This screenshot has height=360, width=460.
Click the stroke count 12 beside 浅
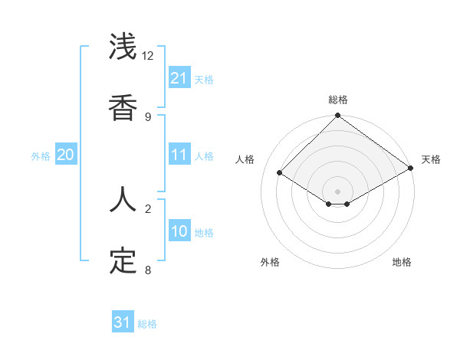[x=148, y=56]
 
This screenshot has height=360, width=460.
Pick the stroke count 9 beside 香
[x=148, y=116]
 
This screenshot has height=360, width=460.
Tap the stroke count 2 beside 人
[x=148, y=208]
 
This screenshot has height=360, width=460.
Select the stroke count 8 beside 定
[x=148, y=270]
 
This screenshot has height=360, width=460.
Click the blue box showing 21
[x=179, y=78]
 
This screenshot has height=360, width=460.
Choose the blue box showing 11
[x=179, y=155]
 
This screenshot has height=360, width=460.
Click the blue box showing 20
[x=66, y=155]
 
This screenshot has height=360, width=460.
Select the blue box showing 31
[x=123, y=322]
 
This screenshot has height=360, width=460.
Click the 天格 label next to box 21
[x=204, y=79]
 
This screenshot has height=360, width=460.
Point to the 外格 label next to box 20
[x=41, y=155]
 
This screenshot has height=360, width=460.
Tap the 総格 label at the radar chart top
[x=337, y=100]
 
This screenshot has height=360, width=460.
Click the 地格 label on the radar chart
[x=402, y=263]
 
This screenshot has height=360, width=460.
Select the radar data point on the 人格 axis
[x=280, y=173]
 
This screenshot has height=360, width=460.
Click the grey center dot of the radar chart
[x=337, y=191]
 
